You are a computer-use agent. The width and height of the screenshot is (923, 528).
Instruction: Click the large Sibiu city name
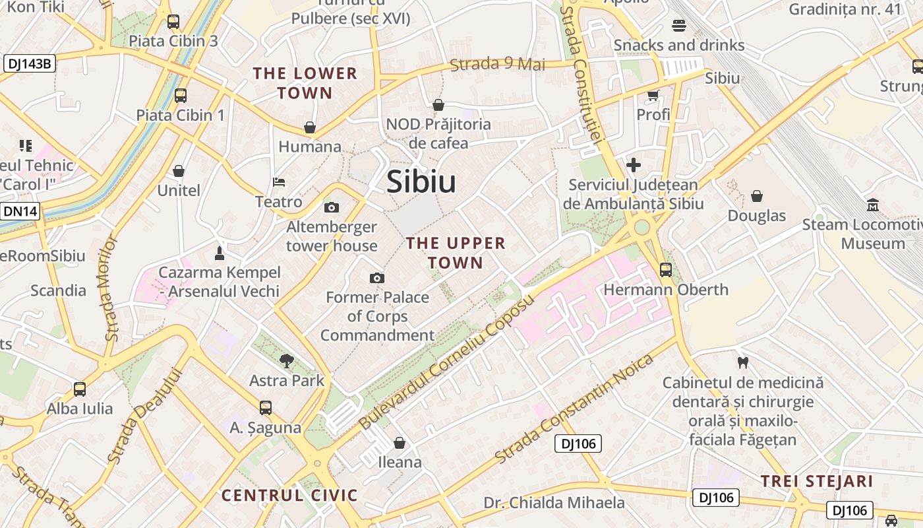(x=421, y=181)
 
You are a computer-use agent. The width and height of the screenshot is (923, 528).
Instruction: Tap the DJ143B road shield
(x=30, y=63)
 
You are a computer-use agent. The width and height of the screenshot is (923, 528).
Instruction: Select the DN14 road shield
(x=20, y=211)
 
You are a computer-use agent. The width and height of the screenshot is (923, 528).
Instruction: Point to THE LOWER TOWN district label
(x=305, y=82)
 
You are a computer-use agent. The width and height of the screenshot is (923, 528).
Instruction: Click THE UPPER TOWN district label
(x=456, y=253)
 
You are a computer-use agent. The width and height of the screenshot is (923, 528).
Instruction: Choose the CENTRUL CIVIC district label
(x=289, y=495)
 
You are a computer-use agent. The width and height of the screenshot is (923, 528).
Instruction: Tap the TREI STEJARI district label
(x=817, y=481)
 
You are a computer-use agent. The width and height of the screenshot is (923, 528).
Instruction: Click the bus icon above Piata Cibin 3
(x=173, y=21)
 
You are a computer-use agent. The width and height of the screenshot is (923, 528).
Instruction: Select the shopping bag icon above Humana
(x=310, y=127)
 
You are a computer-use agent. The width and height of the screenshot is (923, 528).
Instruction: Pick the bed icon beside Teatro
(x=279, y=182)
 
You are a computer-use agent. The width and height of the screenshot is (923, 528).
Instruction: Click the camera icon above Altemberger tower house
(x=332, y=207)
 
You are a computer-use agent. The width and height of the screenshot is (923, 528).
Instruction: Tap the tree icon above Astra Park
(x=287, y=360)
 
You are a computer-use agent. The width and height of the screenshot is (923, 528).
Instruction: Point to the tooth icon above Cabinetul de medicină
(x=743, y=362)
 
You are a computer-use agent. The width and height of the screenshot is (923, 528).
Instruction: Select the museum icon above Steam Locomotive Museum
(x=874, y=205)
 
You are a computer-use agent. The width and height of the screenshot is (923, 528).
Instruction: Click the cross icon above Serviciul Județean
(x=634, y=164)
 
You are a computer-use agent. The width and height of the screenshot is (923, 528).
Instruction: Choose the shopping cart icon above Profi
(x=653, y=95)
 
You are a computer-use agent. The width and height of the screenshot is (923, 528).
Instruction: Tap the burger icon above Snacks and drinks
(x=679, y=26)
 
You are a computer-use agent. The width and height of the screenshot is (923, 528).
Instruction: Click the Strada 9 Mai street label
(x=498, y=64)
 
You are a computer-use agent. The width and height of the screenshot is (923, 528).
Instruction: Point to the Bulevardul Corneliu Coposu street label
(x=446, y=362)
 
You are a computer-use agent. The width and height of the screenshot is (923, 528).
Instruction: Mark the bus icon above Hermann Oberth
(x=666, y=269)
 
